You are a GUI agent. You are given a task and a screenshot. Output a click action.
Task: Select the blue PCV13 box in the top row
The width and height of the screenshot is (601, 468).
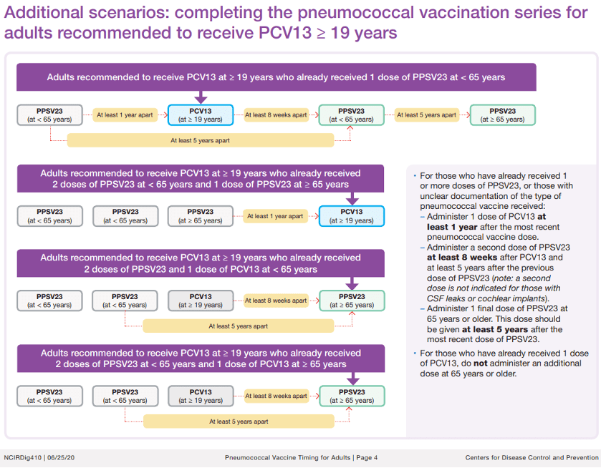[x=201, y=115]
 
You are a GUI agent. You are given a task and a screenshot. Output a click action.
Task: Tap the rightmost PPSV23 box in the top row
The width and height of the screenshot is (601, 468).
[x=501, y=115]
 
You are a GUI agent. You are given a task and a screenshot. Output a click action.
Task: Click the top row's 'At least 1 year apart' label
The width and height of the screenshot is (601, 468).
[x=125, y=115]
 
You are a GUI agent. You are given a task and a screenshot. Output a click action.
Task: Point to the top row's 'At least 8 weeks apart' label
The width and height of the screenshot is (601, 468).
[x=276, y=115]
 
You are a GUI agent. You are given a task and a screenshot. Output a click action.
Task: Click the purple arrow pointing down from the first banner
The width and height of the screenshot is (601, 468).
[x=201, y=97]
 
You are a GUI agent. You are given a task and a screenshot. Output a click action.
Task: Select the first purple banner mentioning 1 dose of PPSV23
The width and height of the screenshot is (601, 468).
[x=276, y=77]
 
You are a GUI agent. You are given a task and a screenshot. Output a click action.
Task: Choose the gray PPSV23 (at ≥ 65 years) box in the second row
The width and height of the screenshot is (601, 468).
[x=201, y=216]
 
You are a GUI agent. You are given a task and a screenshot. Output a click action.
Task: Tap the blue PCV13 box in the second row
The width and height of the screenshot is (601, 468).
[x=351, y=216]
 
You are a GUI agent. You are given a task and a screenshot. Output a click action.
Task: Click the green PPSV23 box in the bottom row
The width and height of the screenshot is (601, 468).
[x=351, y=396]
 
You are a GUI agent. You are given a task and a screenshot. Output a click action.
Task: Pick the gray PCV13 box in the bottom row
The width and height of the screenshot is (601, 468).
[x=201, y=396]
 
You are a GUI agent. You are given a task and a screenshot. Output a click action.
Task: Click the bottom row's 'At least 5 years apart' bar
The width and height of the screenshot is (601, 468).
[x=239, y=421]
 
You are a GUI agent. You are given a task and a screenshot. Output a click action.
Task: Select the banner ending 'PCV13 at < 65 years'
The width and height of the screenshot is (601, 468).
[x=201, y=263]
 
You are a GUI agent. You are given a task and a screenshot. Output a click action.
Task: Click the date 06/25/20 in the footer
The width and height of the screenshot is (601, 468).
[x=62, y=458]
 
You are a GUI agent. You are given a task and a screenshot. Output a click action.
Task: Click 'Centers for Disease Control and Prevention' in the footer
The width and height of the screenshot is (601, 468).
[x=531, y=458]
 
